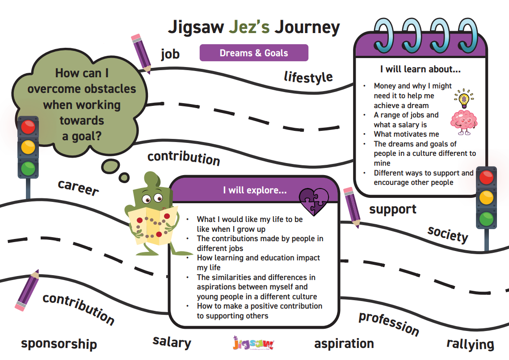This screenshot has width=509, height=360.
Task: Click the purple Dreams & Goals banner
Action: (x=254, y=53)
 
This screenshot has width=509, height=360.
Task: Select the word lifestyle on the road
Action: (x=308, y=77)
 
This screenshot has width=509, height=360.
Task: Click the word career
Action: (x=78, y=188)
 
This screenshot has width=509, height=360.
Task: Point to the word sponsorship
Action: (x=59, y=343)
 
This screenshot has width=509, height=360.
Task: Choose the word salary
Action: (x=172, y=342)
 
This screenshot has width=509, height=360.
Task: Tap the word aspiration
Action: (x=344, y=343)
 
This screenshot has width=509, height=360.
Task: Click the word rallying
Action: (x=470, y=344)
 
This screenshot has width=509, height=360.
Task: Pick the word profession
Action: (x=389, y=323)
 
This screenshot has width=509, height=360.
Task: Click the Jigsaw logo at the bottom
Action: (x=253, y=343)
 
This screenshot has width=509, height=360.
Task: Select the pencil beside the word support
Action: (x=352, y=208)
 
